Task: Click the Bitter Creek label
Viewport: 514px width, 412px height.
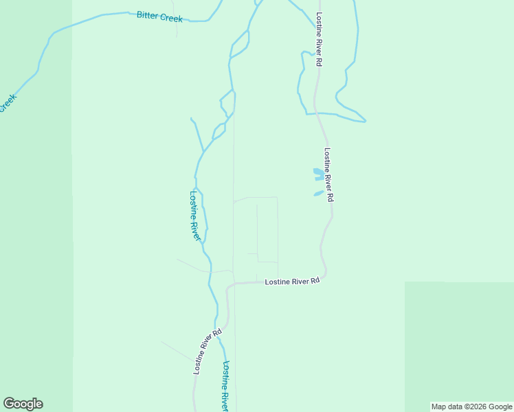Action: pos(159,16)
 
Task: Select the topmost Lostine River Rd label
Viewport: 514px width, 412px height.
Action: pos(319,38)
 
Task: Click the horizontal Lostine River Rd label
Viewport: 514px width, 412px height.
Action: pos(293,282)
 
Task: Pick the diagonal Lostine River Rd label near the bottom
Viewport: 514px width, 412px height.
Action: pos(208,351)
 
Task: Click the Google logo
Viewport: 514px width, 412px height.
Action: pos(23,404)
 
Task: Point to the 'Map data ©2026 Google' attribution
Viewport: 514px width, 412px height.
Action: pos(471,407)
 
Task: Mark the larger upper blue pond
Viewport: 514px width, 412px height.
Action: pos(318,174)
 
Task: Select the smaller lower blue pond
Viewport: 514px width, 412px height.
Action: pos(318,194)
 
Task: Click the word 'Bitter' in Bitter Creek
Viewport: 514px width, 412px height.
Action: pos(148,15)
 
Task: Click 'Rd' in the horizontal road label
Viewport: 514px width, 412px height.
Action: pos(315,281)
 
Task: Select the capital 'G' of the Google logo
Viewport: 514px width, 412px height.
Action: pos(9,404)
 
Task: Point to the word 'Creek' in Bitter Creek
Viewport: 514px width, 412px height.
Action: pos(171,19)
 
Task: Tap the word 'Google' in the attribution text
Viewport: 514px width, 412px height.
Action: pos(500,407)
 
